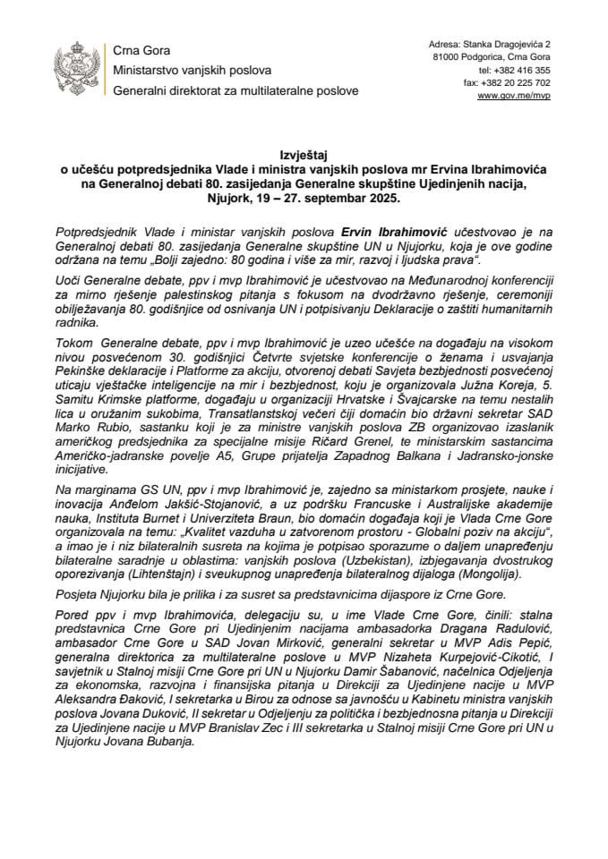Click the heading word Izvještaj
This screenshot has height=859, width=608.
pos(304,154)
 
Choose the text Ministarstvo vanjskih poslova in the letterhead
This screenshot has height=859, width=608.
pos(193,70)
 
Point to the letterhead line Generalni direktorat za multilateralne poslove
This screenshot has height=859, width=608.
pos(235,91)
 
